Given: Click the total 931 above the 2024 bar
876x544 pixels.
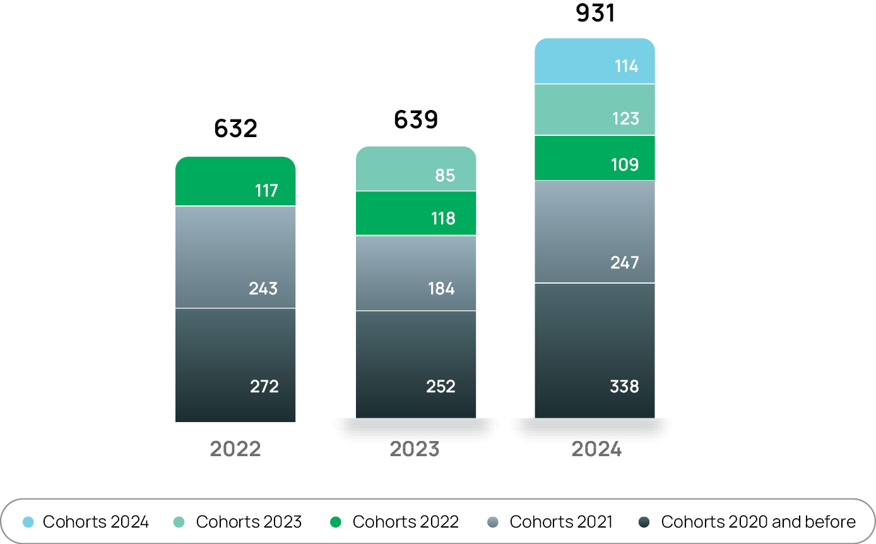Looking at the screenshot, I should pos(595,13).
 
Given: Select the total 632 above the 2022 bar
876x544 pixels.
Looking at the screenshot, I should pos(235,128).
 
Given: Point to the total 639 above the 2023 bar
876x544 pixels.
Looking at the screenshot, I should pos(416,119).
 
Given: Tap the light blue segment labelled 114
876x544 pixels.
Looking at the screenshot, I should pos(595,61).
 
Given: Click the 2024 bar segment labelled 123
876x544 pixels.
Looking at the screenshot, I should pos(595,110).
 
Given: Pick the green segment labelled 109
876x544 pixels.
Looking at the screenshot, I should pos(595,158).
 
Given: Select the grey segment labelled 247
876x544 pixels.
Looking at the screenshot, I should pos(595,232).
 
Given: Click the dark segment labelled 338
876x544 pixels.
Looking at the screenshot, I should pos(595,351).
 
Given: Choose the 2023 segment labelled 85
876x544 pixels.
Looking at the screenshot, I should pos(416,169).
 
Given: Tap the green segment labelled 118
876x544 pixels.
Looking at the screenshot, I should pos(416,214).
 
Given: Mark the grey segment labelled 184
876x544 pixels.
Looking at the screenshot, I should pos(416,273).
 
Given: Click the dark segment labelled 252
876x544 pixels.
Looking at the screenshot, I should pos(416,365).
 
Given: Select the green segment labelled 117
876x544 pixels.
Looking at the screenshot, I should pos(235,181).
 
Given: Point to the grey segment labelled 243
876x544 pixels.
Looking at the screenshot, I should pos(235,257).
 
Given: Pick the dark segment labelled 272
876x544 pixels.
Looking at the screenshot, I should pos(235,365).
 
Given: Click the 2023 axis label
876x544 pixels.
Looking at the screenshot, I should pos(415,449).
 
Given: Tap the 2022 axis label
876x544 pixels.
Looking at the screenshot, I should pos(235,449).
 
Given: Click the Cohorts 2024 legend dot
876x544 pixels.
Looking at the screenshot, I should pos(28,522).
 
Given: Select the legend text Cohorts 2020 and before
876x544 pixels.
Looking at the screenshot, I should pos(758,522).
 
